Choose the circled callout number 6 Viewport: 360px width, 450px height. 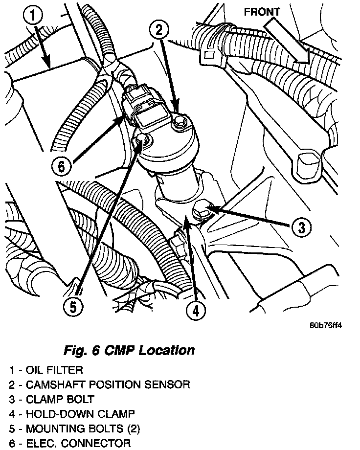point(62,166)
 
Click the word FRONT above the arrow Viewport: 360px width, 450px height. point(262,12)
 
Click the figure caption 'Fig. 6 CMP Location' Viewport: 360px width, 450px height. point(129,350)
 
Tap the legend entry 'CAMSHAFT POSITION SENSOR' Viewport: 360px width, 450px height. point(107,385)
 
